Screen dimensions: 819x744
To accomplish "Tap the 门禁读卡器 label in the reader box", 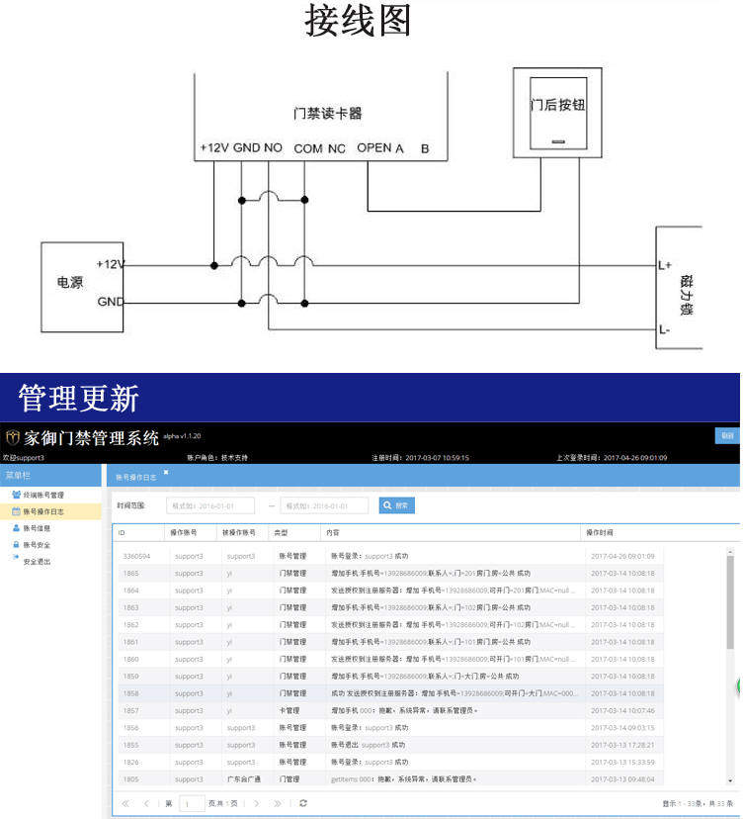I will click(x=328, y=114).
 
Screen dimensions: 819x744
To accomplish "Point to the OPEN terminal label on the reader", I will click(x=373, y=148).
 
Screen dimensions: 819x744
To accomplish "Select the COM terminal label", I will click(x=308, y=148).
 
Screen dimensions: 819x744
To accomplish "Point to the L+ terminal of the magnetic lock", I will click(x=665, y=265).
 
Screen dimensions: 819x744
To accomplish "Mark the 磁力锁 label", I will click(x=687, y=296).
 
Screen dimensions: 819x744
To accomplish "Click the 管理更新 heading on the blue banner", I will click(x=79, y=399).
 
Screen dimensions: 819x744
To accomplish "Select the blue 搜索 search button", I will click(x=397, y=505).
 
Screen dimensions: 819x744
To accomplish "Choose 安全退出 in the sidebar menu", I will click(x=37, y=561).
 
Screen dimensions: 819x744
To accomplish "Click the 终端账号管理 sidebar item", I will click(x=43, y=495).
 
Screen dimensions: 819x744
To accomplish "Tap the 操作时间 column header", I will click(x=600, y=532).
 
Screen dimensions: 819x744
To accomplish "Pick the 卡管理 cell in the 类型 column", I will click(x=289, y=710).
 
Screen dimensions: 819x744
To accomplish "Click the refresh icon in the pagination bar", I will click(x=303, y=803).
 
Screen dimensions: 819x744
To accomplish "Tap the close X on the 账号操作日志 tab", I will click(x=166, y=473).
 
